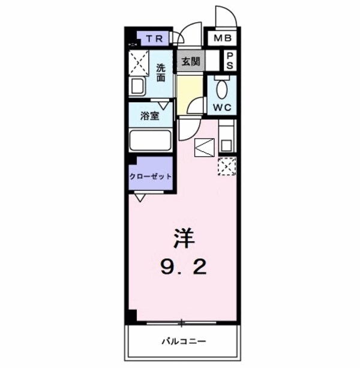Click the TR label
pyautogui.click(x=155, y=40)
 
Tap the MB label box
pyautogui.click(x=223, y=40)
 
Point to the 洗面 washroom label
pyautogui.click(x=161, y=72)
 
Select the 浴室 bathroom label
pyautogui.click(x=150, y=116)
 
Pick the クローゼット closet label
pyautogui.click(x=150, y=176)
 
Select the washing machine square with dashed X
pyautogui.click(x=139, y=62)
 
